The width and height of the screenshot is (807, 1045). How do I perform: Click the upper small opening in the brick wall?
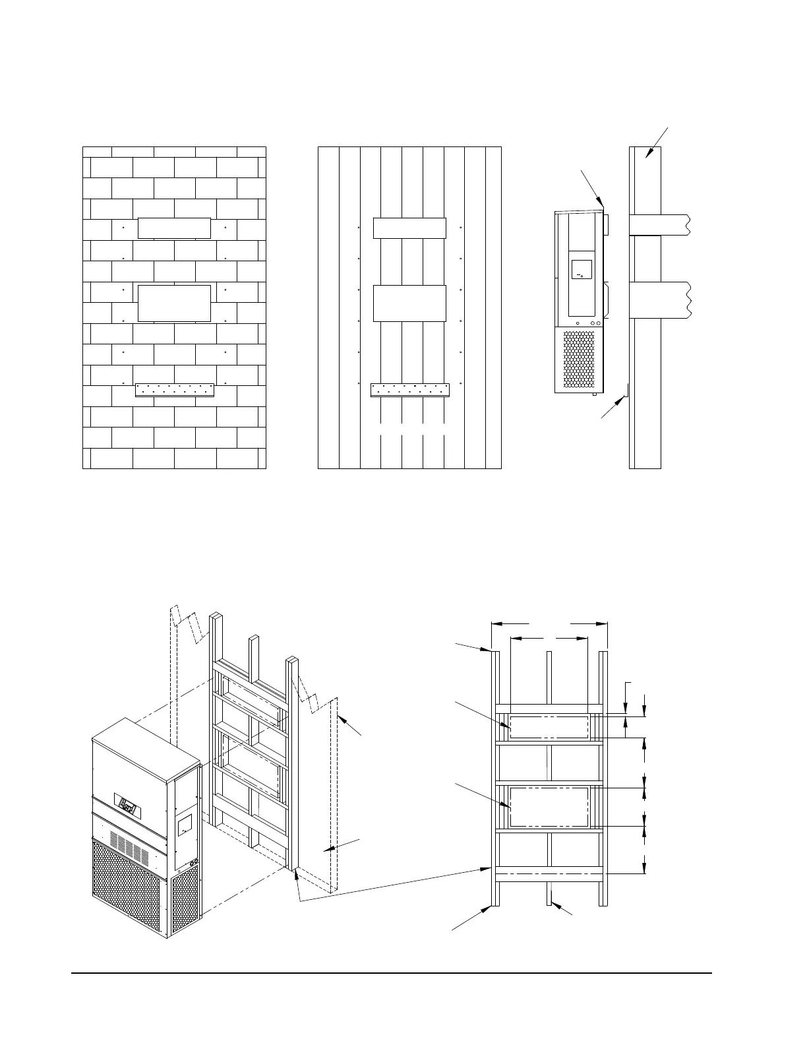pos(174,228)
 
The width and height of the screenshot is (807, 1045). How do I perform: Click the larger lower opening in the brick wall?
pos(174,303)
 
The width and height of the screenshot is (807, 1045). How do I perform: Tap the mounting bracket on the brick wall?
pos(174,390)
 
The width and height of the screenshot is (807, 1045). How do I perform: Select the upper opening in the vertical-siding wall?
pos(409,228)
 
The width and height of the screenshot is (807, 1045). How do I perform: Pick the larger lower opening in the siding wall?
pos(409,303)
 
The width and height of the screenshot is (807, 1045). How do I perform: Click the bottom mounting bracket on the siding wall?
pos(409,390)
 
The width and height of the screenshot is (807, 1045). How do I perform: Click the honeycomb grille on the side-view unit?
pos(580,360)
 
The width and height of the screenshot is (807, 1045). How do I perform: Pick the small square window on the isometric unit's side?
pos(185,823)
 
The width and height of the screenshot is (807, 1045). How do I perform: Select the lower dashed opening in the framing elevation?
pos(549,806)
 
